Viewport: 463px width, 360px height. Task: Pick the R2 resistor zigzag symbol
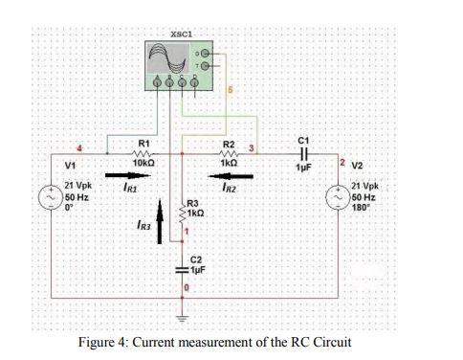pos(231,155)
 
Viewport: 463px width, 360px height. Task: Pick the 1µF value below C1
pos(304,167)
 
